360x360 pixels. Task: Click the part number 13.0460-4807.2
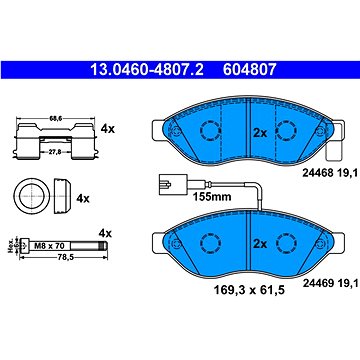coord(147,70)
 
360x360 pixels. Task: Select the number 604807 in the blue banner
coord(250,70)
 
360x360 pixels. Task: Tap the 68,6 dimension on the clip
coord(54,118)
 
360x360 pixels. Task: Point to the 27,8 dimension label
coord(56,151)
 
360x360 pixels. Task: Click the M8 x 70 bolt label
coord(49,246)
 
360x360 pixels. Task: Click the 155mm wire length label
coord(212,197)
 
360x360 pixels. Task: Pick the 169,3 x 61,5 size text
coord(249,290)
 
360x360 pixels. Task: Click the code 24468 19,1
coord(330,173)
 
